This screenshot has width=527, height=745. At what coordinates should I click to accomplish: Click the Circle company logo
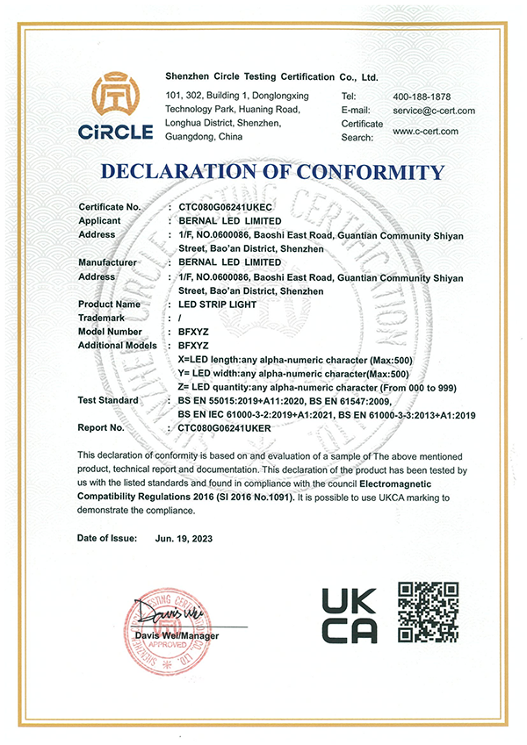click(x=119, y=111)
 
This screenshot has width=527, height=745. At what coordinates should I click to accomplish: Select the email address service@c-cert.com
click(x=434, y=111)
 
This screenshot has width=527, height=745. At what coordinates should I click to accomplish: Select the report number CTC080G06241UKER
click(x=227, y=429)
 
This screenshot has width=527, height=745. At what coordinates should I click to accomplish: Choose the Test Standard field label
click(x=109, y=400)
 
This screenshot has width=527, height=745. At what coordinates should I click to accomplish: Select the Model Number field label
click(x=110, y=332)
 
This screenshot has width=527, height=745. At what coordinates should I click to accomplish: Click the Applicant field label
click(x=99, y=221)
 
